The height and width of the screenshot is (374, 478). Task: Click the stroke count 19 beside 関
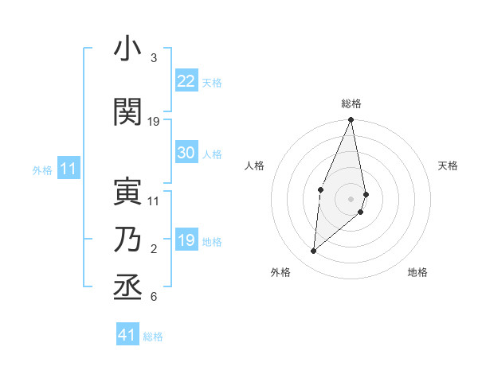coord(154,121)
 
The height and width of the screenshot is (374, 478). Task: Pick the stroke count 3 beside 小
coord(154,59)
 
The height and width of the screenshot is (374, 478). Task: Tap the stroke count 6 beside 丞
coord(154,297)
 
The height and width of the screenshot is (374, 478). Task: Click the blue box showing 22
coord(186,81)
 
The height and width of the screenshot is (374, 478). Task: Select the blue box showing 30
coord(186,153)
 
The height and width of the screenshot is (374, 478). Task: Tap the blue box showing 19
coord(186,240)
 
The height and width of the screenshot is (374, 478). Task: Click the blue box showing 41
coord(127,335)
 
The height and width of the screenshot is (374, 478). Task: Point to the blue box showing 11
coord(69,169)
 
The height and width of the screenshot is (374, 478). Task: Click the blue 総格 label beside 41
coord(153,337)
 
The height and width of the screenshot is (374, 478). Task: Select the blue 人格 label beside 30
coord(212,154)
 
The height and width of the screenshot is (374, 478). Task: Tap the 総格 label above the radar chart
coord(351,103)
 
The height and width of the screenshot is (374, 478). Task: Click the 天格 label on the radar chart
coord(448,166)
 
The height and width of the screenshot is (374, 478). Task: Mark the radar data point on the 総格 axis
coord(351,120)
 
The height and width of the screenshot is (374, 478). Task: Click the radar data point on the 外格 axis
coord(313,251)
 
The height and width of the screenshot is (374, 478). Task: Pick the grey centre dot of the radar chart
coord(351,198)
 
